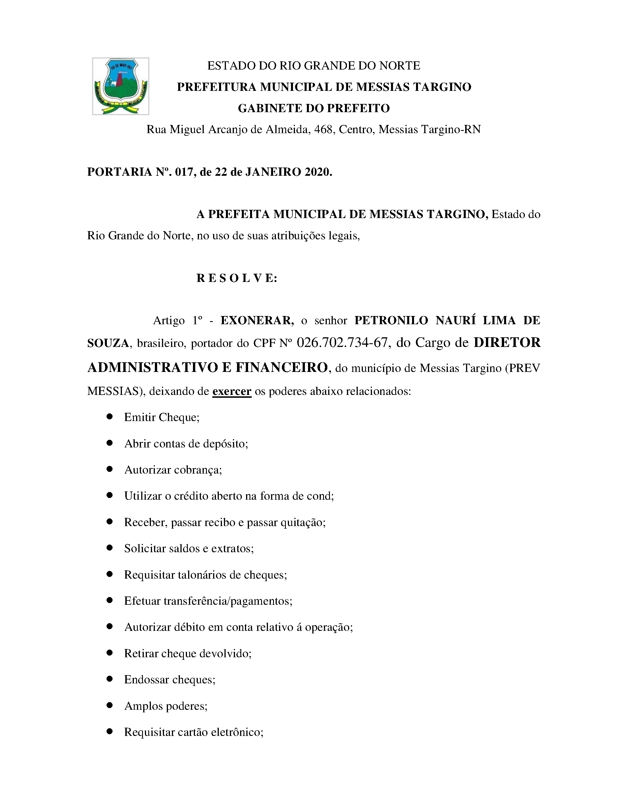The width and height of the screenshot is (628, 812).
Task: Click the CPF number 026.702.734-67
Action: (342, 342)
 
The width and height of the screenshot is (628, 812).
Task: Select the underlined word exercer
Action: (232, 392)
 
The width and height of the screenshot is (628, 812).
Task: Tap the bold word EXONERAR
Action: (257, 321)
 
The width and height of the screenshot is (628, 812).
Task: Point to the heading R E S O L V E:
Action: (237, 278)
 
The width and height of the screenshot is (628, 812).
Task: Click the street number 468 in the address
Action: (323, 129)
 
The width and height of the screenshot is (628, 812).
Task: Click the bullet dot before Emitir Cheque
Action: (109, 417)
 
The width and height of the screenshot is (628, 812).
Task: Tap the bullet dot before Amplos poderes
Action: (109, 705)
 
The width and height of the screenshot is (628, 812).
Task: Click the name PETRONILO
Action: (391, 321)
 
